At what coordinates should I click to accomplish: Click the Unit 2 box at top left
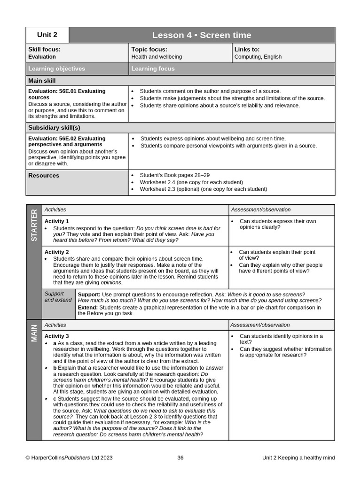click(x=47, y=35)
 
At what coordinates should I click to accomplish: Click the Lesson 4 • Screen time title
click(x=202, y=35)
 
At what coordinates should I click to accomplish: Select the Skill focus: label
click(x=44, y=49)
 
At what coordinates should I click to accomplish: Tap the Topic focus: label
click(x=149, y=49)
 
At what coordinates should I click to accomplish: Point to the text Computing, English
click(x=258, y=57)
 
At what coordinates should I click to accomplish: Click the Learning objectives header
click(x=57, y=69)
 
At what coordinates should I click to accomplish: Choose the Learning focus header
click(x=153, y=69)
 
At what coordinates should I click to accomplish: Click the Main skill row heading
click(x=42, y=81)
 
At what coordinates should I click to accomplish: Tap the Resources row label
click(x=44, y=176)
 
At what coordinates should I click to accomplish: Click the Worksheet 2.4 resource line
click(x=191, y=182)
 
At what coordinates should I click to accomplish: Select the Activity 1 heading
click(x=56, y=221)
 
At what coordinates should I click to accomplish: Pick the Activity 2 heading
click(x=56, y=252)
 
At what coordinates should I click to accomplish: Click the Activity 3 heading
click(x=56, y=336)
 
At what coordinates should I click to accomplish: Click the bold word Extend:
click(x=88, y=308)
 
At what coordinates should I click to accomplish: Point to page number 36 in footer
click(x=180, y=458)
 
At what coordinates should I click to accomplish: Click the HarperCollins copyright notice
click(x=69, y=458)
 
